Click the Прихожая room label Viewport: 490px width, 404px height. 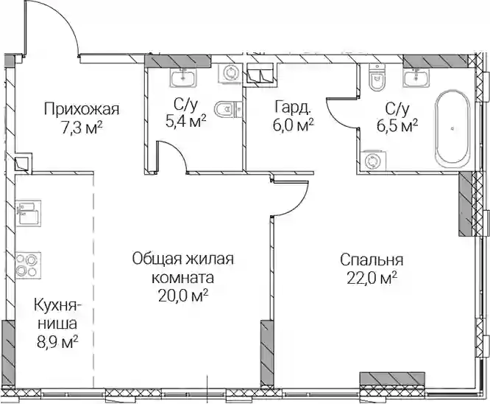(x=82, y=110)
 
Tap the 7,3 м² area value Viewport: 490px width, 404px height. (x=82, y=128)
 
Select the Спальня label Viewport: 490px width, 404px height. (x=372, y=260)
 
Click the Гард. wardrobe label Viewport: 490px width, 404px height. (x=293, y=107)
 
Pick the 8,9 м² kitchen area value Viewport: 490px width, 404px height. (x=57, y=342)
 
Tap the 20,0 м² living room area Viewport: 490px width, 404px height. (x=183, y=296)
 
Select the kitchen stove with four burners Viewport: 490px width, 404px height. (x=28, y=265)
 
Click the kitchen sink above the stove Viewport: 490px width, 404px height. (x=28, y=213)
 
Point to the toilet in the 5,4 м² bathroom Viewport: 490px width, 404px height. (x=228, y=109)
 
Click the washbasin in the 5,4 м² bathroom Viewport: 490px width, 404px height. (x=183, y=75)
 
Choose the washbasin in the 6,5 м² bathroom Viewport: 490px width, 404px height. (x=416, y=75)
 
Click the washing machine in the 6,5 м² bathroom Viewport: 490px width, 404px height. (x=373, y=161)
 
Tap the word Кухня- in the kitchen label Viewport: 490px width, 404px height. (x=57, y=305)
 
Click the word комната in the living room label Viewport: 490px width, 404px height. (x=183, y=278)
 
